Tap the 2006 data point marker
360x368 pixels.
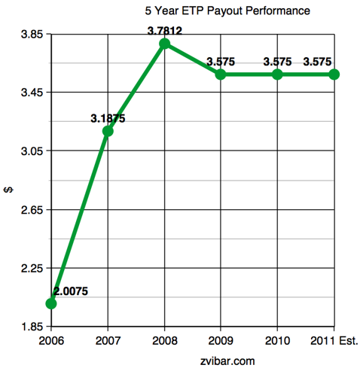51,303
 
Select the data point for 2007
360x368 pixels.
108,131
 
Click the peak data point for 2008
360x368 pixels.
164,44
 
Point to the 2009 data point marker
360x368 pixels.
221,74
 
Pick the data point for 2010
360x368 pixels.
277,74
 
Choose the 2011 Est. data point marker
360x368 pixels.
334,74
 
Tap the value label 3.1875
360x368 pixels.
108,118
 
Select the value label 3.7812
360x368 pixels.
164,31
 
